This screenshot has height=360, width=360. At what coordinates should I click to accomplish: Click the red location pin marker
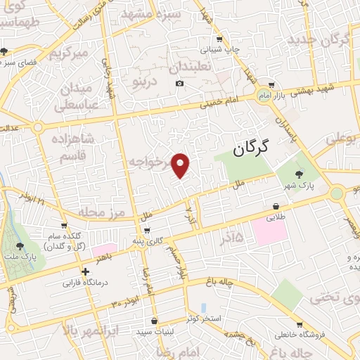181,165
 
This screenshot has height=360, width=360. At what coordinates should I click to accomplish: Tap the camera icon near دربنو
180,84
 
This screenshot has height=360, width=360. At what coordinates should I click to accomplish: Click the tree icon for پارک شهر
300,174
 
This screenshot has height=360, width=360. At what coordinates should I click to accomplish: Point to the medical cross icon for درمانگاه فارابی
85,271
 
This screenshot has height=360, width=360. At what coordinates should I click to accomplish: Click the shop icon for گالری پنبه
146,230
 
